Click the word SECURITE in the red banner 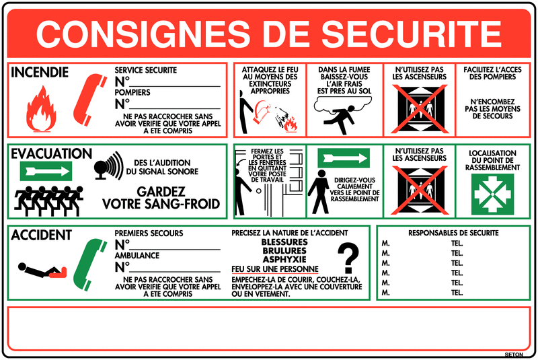(x=411, y=34)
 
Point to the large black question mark (x=348, y=258)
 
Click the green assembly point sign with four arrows (x=492, y=194)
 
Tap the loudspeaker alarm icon (x=109, y=166)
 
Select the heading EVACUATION (x=52, y=153)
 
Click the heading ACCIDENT (x=41, y=235)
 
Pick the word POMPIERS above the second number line (x=132, y=92)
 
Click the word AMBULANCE (x=137, y=255)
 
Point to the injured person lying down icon (x=42, y=271)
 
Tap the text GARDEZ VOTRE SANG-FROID (x=161, y=198)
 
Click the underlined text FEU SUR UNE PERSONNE (x=275, y=269)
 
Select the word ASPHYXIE (x=284, y=259)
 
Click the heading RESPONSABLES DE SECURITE (x=453, y=233)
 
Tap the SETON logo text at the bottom (x=514, y=355)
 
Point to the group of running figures (x=48, y=201)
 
